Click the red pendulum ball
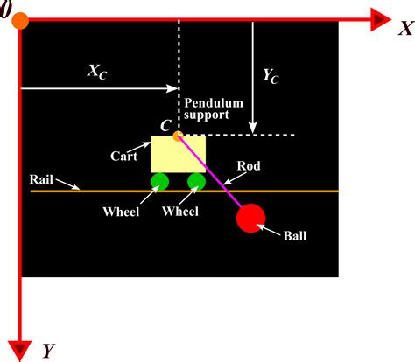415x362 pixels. [251, 218]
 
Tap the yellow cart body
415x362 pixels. [179, 155]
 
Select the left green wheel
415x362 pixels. [159, 182]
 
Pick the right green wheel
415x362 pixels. [196, 182]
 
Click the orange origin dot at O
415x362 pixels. [19, 19]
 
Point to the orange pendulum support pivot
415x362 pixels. [178, 136]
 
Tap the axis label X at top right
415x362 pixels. [404, 30]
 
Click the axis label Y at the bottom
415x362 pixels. [49, 352]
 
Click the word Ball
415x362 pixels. [295, 235]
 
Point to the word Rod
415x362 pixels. [248, 166]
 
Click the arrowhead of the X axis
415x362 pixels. [380, 18]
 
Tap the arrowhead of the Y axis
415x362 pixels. [19, 346]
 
